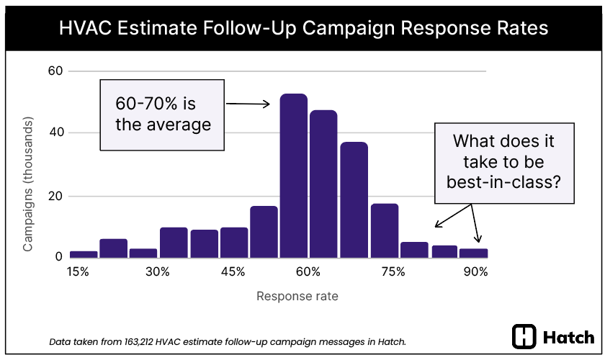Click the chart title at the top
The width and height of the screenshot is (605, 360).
point(302,28)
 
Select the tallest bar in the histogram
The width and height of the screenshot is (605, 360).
point(293,176)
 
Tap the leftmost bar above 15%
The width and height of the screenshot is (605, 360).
point(84,254)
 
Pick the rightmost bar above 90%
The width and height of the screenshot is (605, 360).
point(474,253)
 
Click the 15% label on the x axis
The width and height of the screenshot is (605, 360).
point(78,271)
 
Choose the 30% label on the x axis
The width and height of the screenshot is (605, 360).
point(157,271)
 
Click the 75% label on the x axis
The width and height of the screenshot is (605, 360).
point(393,271)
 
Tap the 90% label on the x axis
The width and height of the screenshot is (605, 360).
point(475,271)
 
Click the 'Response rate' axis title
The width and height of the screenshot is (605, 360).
point(297,296)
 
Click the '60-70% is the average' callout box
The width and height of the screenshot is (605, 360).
point(163,114)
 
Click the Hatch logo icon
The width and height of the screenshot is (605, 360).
point(524,337)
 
